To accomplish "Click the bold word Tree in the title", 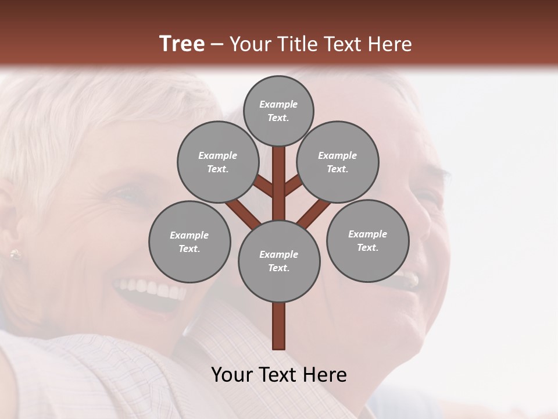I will point(182,44).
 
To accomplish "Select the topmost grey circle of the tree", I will point(278,111).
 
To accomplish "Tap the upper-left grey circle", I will point(218,162).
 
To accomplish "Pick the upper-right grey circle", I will point(338,162).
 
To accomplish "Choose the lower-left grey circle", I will point(189,242).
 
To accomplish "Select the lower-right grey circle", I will point(367,240).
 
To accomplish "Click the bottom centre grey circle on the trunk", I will point(279,261).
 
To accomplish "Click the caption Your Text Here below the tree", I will point(279,375).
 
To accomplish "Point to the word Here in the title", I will point(391,44).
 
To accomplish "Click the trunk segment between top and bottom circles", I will point(279,183).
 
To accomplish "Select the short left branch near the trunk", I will point(263,186).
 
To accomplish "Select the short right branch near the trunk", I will point(294,185).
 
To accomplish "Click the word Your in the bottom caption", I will point(232,375).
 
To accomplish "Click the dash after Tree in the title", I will point(217,44).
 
